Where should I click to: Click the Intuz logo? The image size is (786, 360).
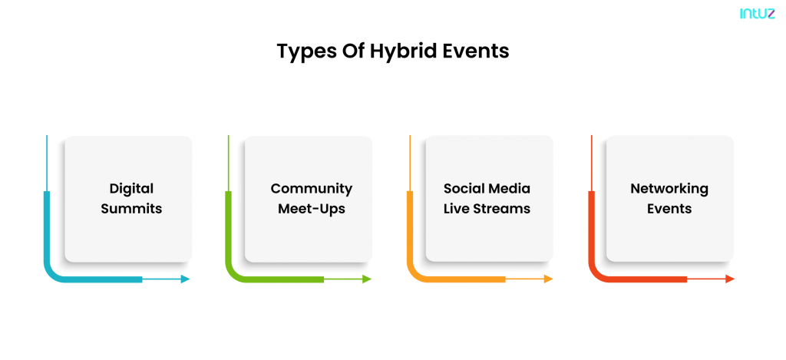(757, 14)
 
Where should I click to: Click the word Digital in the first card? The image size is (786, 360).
(131, 189)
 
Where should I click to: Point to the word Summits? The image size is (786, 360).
(131, 209)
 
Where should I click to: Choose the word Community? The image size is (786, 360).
(312, 189)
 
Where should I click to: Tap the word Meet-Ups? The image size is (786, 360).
(312, 209)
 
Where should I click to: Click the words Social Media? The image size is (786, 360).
(487, 189)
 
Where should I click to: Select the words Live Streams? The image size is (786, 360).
(487, 208)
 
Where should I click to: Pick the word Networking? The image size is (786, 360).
(669, 189)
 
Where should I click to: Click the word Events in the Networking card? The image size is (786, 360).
(669, 208)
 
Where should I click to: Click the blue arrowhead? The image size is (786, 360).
(186, 279)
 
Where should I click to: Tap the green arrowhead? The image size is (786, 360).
(367, 279)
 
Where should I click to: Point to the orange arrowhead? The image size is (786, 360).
(548, 279)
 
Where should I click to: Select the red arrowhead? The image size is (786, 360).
(730, 279)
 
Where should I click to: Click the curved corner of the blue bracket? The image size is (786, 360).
(52, 274)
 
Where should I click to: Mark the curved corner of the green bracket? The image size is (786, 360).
(233, 274)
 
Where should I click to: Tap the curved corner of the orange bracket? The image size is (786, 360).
(415, 274)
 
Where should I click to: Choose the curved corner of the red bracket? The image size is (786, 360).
(596, 274)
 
